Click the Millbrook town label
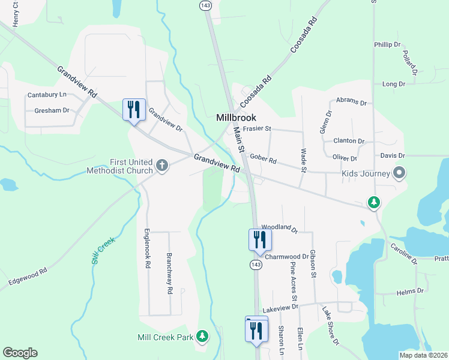pos(236,118)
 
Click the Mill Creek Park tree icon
pos(203,337)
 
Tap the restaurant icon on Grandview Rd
pos(134,109)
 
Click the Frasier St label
pos(259,128)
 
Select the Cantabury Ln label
pos(47,95)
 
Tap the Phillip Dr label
pos(387,44)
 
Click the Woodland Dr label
pos(280,227)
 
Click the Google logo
pos(20,353)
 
